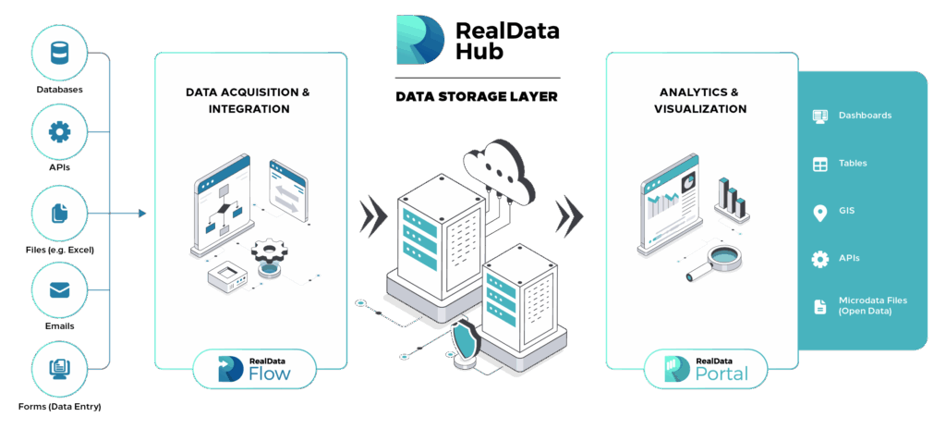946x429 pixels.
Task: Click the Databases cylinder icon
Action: tap(59, 54)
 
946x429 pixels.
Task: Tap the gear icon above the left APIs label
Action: tap(59, 131)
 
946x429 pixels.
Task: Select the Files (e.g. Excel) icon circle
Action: tap(59, 213)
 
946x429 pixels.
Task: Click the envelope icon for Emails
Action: tap(59, 291)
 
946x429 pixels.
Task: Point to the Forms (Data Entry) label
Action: tap(59, 407)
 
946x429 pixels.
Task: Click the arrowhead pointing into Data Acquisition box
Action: tap(142, 214)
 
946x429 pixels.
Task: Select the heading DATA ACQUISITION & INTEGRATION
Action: tap(248, 101)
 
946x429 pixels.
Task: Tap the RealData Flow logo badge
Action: tap(254, 369)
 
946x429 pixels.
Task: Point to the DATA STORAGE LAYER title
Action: tap(477, 97)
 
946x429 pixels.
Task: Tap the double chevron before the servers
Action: tap(373, 214)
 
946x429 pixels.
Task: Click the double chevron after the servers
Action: tap(569, 214)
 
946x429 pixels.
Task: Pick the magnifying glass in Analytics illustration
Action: tap(718, 261)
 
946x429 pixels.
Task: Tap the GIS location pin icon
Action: tap(819, 213)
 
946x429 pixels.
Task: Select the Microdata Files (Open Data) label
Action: tap(872, 306)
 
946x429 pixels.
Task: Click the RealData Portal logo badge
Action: tap(705, 369)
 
